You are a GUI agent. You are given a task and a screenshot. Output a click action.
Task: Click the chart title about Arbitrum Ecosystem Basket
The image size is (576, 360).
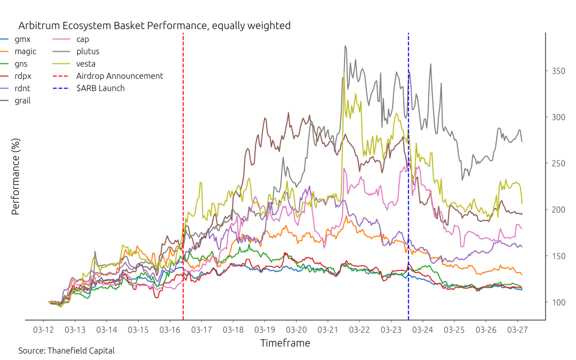154,26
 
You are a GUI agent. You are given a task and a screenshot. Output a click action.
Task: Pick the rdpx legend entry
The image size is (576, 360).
16,76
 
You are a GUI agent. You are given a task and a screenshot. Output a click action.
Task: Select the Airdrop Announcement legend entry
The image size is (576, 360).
108,76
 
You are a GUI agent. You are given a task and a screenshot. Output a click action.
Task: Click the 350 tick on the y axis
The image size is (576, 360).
558,71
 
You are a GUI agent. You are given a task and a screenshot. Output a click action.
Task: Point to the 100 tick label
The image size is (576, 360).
558,302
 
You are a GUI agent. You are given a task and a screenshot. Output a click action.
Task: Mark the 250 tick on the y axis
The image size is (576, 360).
558,164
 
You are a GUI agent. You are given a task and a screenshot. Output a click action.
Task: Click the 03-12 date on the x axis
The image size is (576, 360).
43,330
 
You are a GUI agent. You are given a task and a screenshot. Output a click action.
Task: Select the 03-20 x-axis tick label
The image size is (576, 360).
296,330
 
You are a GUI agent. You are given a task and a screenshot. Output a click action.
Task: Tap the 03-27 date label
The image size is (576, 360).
517,330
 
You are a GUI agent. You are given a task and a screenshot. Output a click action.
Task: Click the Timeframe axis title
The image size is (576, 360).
285,343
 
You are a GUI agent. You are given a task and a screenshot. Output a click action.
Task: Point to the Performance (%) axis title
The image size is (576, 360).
15,177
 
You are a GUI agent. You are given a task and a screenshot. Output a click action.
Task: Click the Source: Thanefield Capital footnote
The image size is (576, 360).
67,351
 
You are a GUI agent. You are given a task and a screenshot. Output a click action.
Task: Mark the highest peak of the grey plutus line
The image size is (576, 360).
345,46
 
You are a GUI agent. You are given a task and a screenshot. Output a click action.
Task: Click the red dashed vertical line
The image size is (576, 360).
183,177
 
